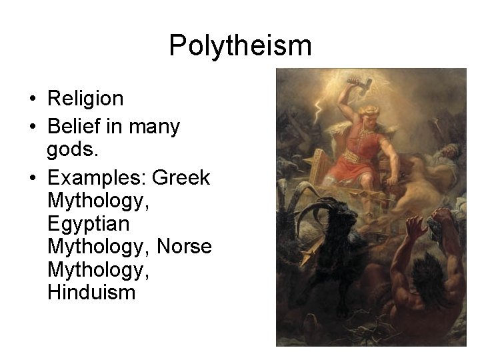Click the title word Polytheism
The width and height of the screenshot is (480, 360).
point(240,45)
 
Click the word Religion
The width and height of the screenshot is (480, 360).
point(85,99)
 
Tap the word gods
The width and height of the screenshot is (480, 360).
point(73,151)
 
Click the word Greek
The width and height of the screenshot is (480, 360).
point(181,179)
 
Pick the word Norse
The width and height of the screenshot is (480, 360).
point(184,247)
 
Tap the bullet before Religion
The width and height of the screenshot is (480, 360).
point(32,99)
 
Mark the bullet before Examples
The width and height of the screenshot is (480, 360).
point(32,179)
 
